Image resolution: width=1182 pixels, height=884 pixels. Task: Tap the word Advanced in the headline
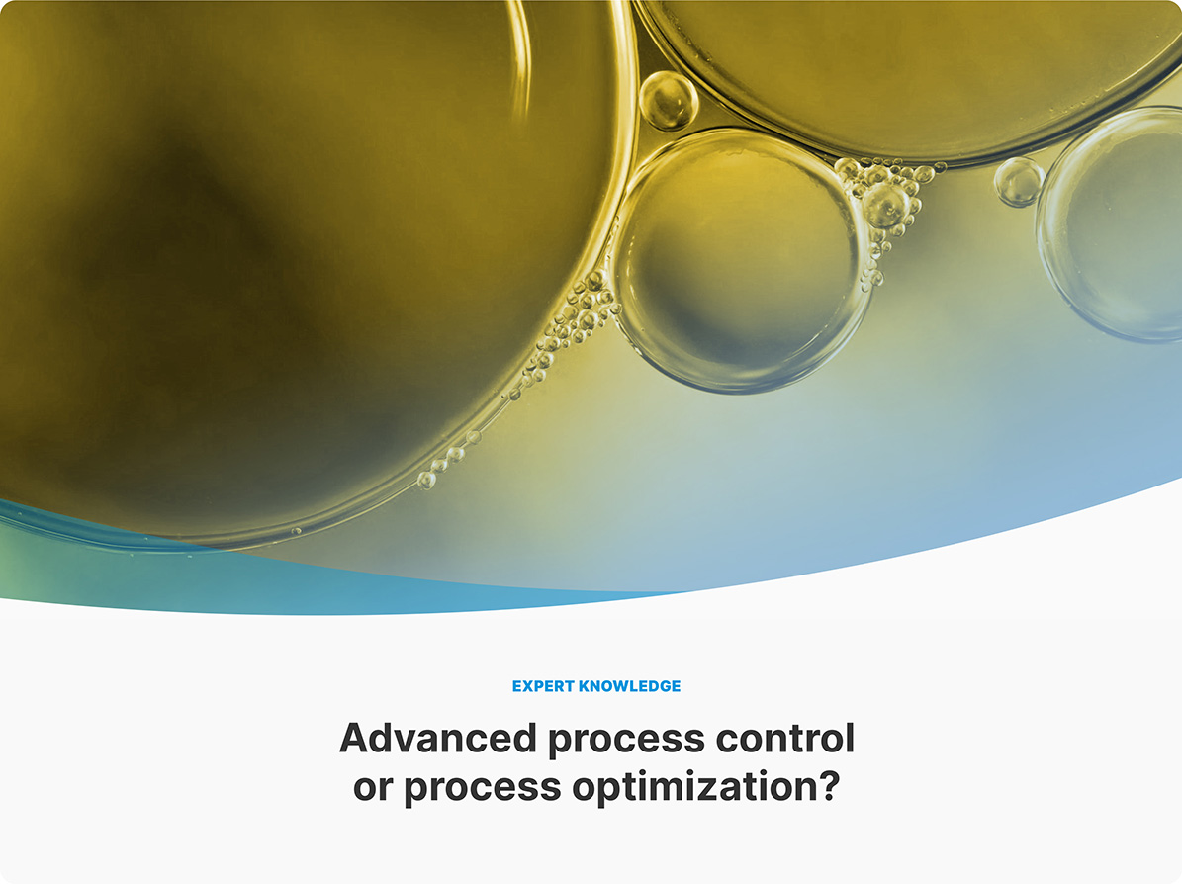[438, 738]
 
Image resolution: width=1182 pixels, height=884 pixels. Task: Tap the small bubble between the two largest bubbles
[668, 100]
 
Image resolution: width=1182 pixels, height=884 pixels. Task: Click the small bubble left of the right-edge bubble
[1019, 182]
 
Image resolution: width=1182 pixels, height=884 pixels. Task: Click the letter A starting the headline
[353, 738]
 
